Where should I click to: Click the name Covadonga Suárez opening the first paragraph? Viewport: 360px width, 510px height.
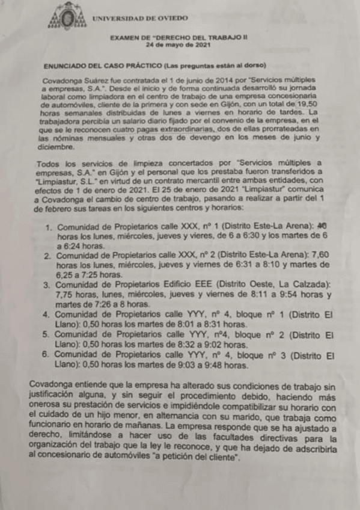pyautogui.click(x=73, y=81)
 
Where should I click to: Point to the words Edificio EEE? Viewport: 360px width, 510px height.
pyautogui.click(x=186, y=284)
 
